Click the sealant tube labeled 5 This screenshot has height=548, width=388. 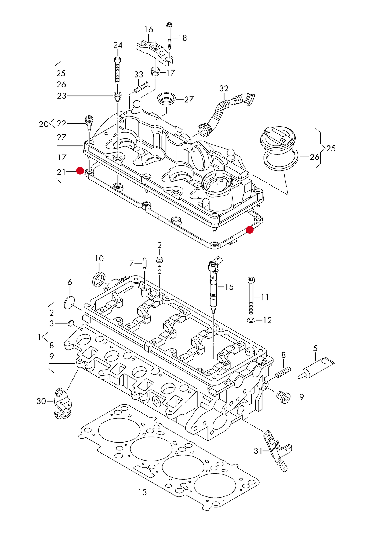pyautogui.click(x=317, y=368)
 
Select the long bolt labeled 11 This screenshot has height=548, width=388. pyautogui.click(x=251, y=295)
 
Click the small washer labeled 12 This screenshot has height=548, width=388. pyautogui.click(x=251, y=320)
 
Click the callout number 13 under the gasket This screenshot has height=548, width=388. pyautogui.click(x=143, y=492)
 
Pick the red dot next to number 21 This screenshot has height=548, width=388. pyautogui.click(x=80, y=171)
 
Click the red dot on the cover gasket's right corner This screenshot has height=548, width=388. pyautogui.click(x=250, y=230)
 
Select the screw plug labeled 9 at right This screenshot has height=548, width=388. pyautogui.click(x=284, y=397)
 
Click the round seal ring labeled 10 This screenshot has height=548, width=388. pyautogui.click(x=99, y=279)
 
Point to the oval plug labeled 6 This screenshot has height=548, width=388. pyautogui.click(x=69, y=302)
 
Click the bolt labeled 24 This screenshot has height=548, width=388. pyautogui.click(x=118, y=71)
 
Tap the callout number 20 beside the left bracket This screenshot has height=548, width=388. pyautogui.click(x=44, y=124)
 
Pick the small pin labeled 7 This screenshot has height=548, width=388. pyautogui.click(x=145, y=264)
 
